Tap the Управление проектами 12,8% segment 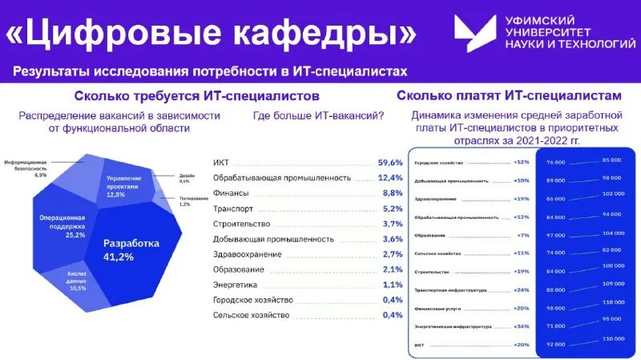coord(124,185)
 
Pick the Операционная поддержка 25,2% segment coord(63,225)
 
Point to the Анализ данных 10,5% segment coord(76,281)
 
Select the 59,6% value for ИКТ coord(390,163)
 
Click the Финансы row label coord(231,193)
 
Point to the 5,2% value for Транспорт coord(392,208)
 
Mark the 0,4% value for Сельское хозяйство coord(393,315)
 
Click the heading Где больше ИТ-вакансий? coord(318,115)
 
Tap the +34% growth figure coord(521,327)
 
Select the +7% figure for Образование coord(523,236)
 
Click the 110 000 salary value coord(612,339)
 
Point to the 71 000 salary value coord(556,327)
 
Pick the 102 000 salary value coord(612,194)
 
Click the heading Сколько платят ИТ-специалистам coord(509,95)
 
